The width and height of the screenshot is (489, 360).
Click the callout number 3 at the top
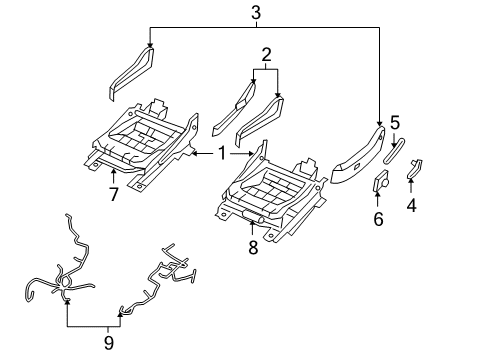tap(256, 13)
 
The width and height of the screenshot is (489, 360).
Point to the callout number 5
tap(396, 123)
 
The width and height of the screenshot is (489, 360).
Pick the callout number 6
tap(378, 219)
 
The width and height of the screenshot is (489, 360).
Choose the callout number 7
tap(113, 194)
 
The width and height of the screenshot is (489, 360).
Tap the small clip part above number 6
tap(381, 182)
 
